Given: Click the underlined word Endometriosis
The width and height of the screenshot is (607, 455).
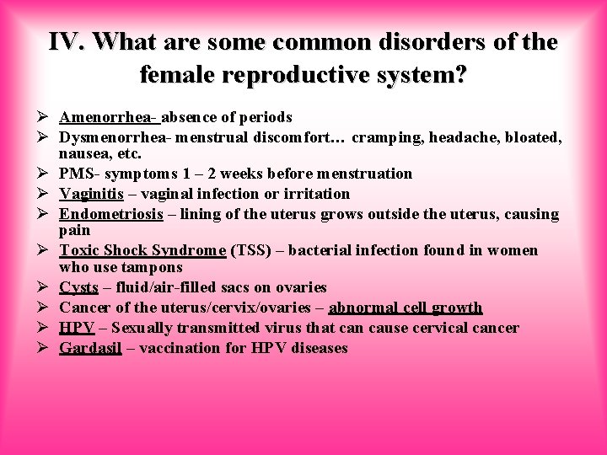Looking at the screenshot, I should click(x=111, y=214).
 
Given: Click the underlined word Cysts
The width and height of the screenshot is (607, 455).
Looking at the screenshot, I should click(x=78, y=287).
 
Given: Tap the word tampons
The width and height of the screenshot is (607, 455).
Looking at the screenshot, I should click(x=153, y=267).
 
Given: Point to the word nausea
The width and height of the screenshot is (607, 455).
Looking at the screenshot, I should click(x=83, y=153).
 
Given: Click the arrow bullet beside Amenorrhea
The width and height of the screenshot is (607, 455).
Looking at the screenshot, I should click(x=45, y=117).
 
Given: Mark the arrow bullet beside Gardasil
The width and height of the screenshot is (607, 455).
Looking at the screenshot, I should click(x=45, y=348).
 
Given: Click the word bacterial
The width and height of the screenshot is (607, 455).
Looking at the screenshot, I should click(x=320, y=250).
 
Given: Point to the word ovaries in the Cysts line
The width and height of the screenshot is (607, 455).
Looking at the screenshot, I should click(x=299, y=287).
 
